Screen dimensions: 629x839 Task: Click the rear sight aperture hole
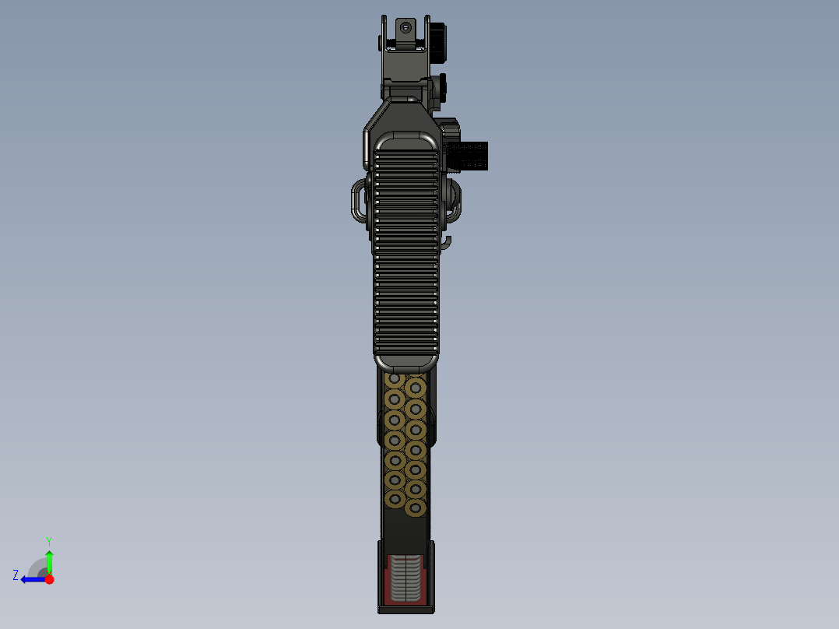[405, 27]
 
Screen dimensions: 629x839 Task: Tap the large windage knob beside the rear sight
[441, 42]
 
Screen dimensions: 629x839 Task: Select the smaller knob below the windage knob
[441, 86]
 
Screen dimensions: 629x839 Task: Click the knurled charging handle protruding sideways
[470, 156]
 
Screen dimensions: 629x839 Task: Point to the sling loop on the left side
[357, 200]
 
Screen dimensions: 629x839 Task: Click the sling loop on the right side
[453, 199]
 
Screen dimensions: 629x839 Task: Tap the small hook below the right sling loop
[448, 244]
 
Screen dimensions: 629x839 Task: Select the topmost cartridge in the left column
[395, 380]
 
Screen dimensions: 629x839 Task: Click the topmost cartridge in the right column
[415, 388]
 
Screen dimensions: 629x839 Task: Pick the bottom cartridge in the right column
[415, 508]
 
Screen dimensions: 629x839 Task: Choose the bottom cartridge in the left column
[395, 499]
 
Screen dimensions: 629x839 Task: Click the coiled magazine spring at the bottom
[405, 577]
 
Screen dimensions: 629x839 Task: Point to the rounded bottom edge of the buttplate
[405, 363]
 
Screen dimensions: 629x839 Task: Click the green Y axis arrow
[49, 560]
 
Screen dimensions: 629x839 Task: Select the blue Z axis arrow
[31, 579]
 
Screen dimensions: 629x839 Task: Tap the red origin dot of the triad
[49, 579]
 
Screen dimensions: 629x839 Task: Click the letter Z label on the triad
[16, 575]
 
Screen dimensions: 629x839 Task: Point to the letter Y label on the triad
[48, 540]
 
